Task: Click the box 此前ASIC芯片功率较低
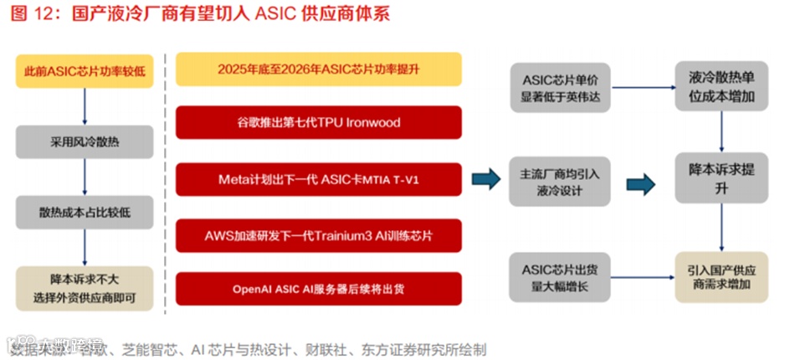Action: pyautogui.click(x=85, y=72)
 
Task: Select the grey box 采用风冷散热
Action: pyautogui.click(x=85, y=141)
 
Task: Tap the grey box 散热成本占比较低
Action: pyautogui.click(x=85, y=212)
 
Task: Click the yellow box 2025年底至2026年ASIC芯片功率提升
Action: pyautogui.click(x=318, y=69)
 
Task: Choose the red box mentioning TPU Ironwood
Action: pyautogui.click(x=318, y=122)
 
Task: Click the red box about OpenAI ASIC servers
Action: pyautogui.click(x=318, y=289)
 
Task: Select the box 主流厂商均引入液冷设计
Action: pyautogui.click(x=561, y=182)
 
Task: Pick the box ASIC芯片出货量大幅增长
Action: pyautogui.click(x=561, y=277)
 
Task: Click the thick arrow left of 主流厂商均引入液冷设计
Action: pyautogui.click(x=485, y=179)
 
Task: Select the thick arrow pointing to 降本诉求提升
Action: pyautogui.click(x=640, y=183)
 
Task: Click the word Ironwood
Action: pyautogui.click(x=371, y=122)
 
